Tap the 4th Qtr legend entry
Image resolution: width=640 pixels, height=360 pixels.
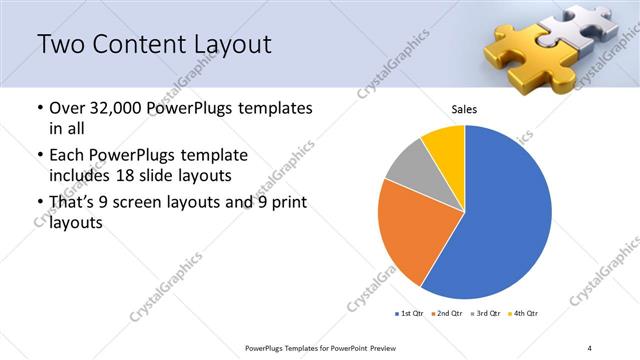pyautogui.click(x=526, y=314)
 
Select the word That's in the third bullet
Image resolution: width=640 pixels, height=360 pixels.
pyautogui.click(x=72, y=203)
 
